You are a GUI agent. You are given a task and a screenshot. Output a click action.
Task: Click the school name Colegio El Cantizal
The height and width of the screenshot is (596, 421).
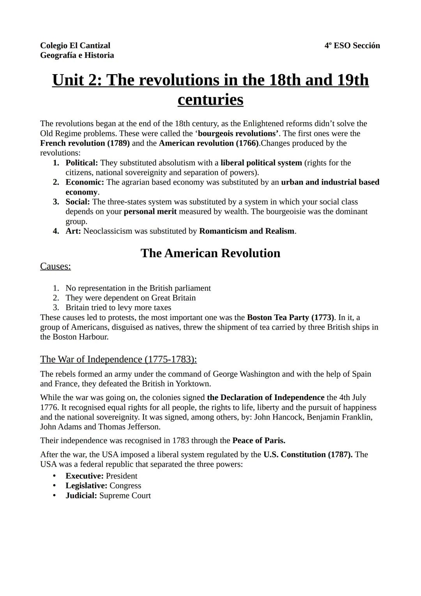click(x=75, y=46)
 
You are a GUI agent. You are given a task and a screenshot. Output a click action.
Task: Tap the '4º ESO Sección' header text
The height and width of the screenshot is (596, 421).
click(x=352, y=46)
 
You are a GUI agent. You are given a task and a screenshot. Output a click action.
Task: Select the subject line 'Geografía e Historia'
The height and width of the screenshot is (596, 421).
click(x=77, y=55)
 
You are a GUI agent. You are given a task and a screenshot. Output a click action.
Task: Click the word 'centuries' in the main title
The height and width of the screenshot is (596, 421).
click(x=210, y=100)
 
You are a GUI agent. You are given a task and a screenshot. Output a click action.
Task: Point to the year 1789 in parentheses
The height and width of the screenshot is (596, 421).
click(x=119, y=143)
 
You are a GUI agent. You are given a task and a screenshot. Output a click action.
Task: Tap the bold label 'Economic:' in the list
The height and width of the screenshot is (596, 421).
click(x=85, y=182)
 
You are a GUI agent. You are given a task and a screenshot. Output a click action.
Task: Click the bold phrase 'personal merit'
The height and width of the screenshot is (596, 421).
click(x=150, y=212)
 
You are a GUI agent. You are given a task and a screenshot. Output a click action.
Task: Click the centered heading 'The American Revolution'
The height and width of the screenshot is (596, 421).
click(x=210, y=253)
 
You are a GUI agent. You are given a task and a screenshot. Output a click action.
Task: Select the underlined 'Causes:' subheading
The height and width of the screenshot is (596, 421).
click(x=55, y=267)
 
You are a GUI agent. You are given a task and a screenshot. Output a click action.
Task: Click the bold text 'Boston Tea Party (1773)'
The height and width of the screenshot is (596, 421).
click(x=290, y=317)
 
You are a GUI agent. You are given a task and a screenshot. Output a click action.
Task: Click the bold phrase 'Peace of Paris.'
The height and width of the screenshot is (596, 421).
click(x=258, y=441)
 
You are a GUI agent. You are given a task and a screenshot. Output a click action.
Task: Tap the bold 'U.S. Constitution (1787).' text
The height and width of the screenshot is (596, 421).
click(x=308, y=455)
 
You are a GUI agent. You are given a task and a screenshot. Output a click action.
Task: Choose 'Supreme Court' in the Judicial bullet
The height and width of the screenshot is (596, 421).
click(x=125, y=496)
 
